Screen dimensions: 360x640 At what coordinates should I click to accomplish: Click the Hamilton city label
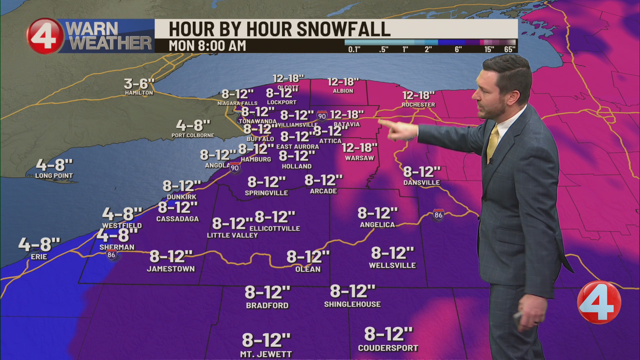coord(139,93)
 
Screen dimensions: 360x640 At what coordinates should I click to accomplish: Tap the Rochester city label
coord(418,105)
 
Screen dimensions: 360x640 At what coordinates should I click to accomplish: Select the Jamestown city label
coord(171,269)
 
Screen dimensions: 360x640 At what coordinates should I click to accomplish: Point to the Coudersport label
coord(388,348)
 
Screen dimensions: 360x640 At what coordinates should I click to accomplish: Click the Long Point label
coord(54,176)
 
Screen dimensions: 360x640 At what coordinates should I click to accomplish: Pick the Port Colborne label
coord(193,135)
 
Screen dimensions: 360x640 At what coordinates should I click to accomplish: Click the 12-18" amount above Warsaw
coord(359,148)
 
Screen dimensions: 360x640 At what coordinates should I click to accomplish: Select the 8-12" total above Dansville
coord(422,172)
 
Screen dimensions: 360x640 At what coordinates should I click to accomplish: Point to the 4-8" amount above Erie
coord(39,244)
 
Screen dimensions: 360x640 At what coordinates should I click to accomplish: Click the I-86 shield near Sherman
coord(111,255)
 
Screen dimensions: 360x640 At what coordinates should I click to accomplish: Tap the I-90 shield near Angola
coord(235,168)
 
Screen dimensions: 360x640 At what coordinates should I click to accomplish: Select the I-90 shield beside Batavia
coord(322,116)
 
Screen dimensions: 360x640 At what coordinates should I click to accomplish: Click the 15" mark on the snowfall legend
coord(489,50)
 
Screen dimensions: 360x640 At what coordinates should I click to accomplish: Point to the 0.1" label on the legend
coord(354,50)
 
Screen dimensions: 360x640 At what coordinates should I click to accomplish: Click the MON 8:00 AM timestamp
coord(207,46)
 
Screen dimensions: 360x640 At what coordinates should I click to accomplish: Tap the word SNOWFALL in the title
coord(343,29)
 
